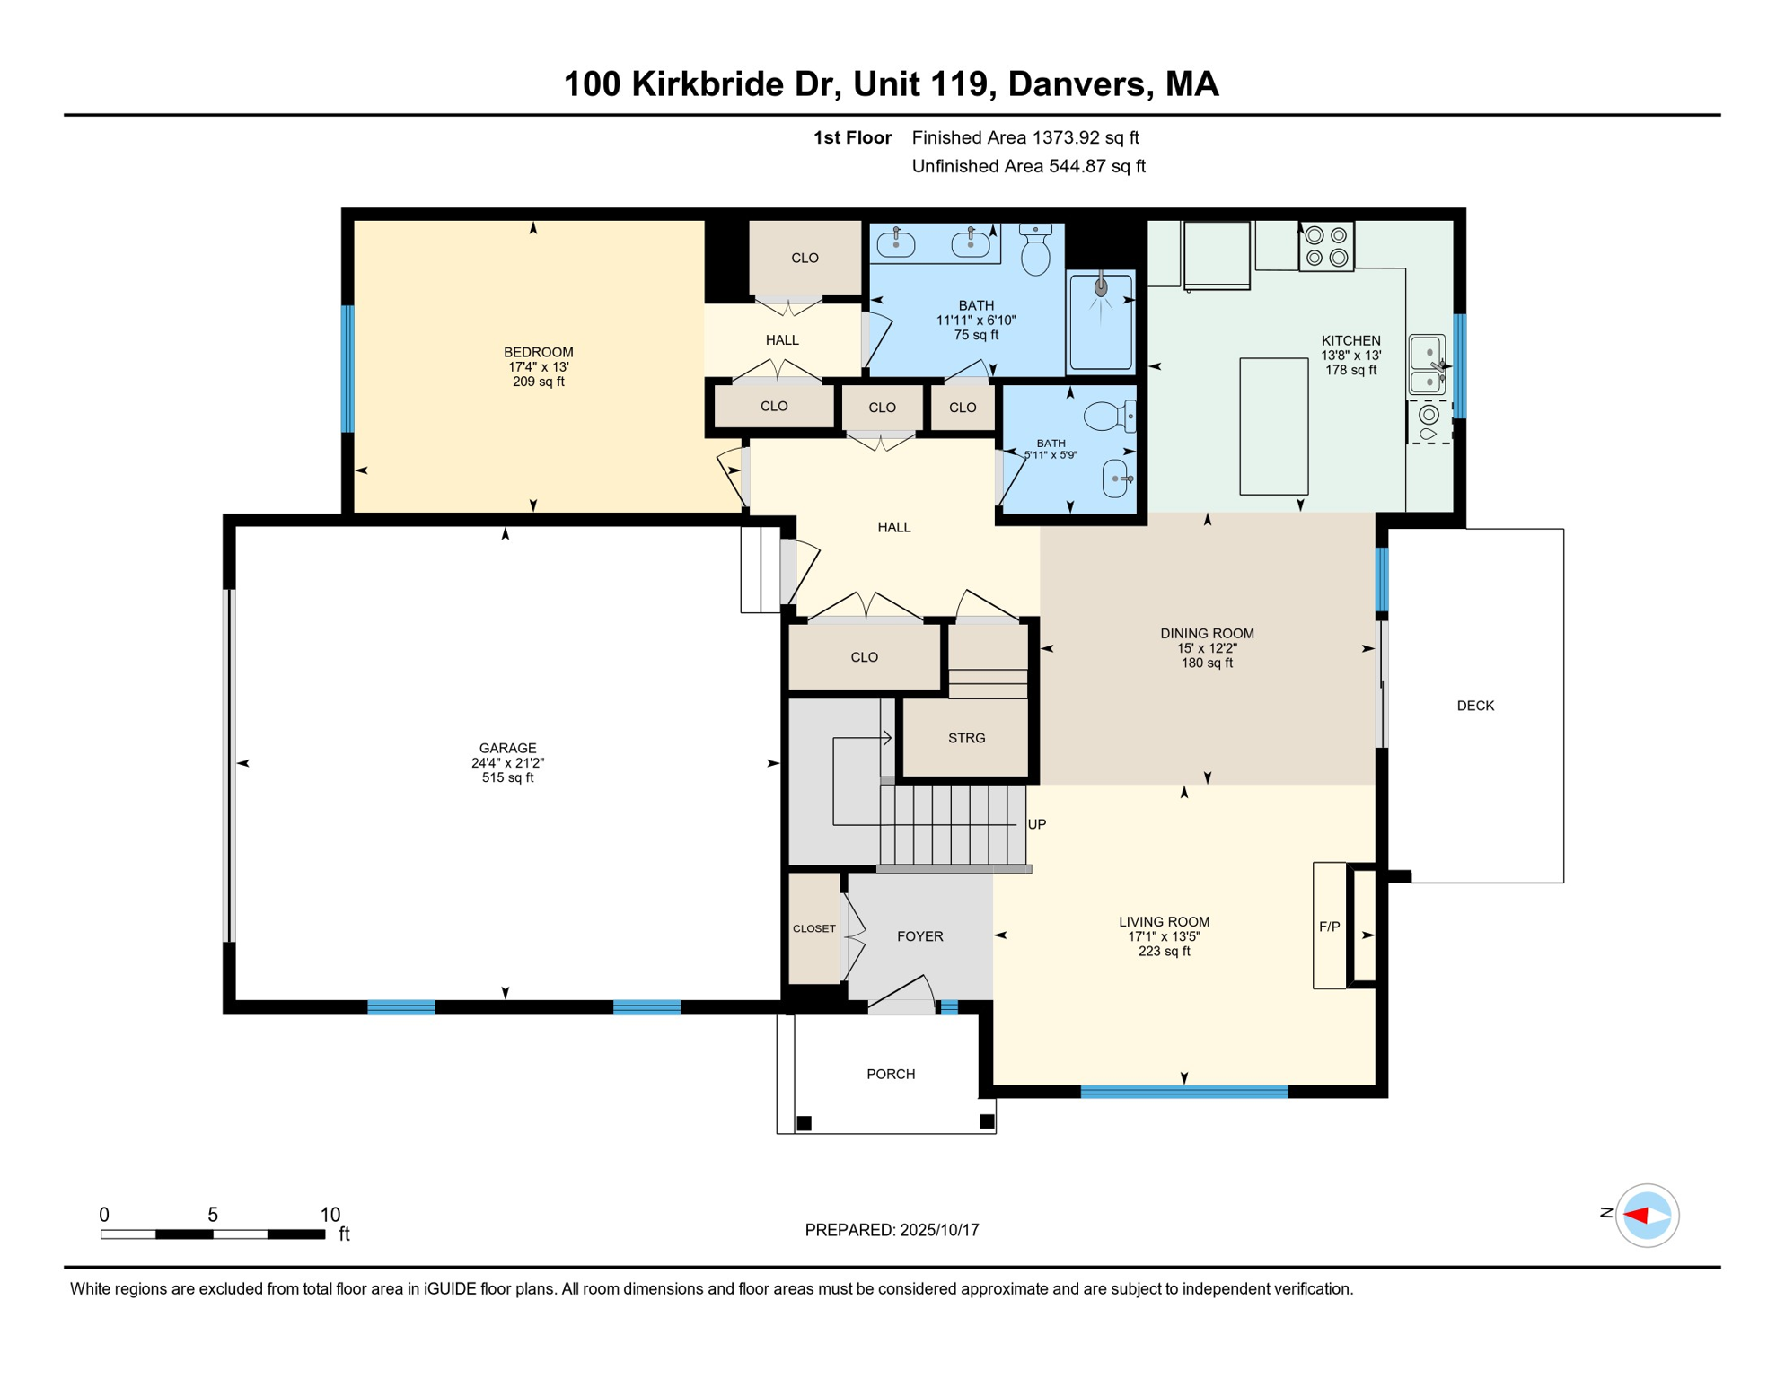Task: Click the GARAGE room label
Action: coord(507,748)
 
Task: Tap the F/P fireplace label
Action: coord(1329,927)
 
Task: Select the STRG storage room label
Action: coord(966,738)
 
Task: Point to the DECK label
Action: coord(1475,706)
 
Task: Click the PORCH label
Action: coord(891,1074)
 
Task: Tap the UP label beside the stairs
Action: coord(1037,824)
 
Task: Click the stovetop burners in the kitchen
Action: coord(1326,246)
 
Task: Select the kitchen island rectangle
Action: coord(1273,426)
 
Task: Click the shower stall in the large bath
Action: coord(1101,321)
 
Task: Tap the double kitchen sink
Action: coord(1427,365)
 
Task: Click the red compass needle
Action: coord(1635,1216)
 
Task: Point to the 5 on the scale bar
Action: coord(213,1215)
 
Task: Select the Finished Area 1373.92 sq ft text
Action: coord(1025,137)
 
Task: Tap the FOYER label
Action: coord(920,936)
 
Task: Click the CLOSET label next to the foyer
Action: coord(814,928)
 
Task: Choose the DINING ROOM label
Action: coord(1207,634)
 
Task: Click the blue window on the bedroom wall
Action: coord(347,369)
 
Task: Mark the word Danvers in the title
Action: coord(1077,84)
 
